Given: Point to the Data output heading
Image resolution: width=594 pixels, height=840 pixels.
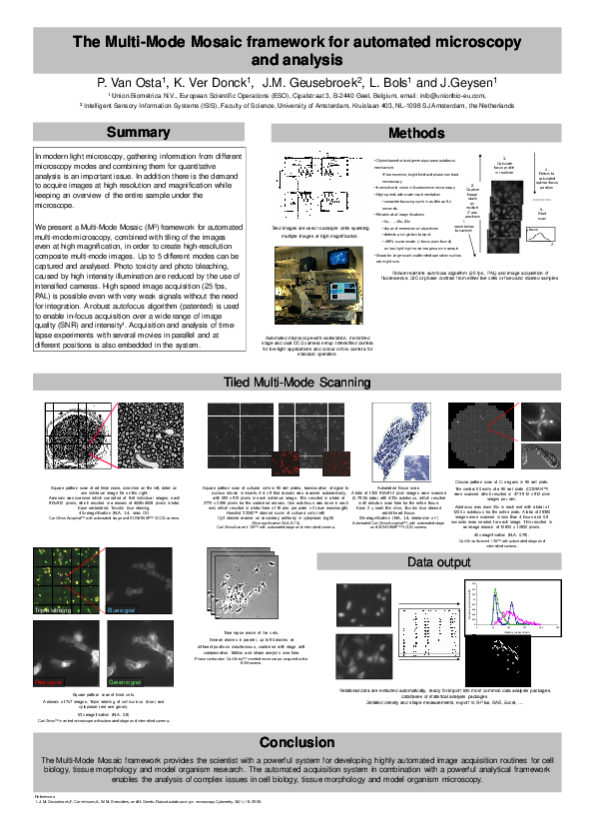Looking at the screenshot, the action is (438, 563).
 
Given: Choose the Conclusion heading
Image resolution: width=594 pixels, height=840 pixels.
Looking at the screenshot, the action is (297, 742).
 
